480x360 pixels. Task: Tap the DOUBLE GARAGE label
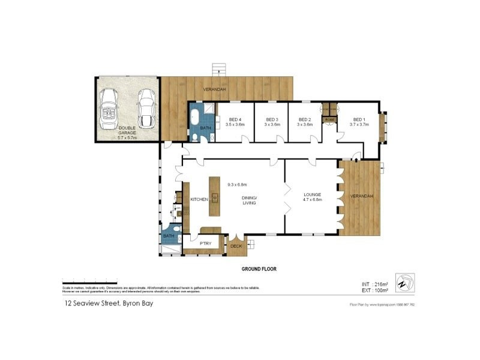coord(127,132)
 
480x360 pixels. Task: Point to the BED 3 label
coord(272,121)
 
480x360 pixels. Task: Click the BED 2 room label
coord(305,121)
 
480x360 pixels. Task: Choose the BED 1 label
coord(359,121)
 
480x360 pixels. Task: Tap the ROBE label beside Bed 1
coord(329,120)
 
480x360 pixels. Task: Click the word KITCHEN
coord(199,199)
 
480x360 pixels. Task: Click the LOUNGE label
coord(313,196)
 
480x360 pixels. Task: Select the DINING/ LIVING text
coord(249,200)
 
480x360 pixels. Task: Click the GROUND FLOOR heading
coord(259,269)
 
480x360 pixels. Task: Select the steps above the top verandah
coord(220,68)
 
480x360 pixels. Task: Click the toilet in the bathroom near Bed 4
coord(212,137)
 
